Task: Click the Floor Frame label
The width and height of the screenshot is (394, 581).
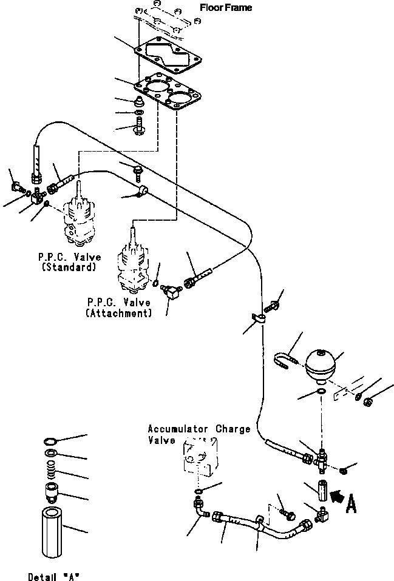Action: click(x=226, y=7)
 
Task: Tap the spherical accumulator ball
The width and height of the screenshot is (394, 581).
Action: click(x=321, y=364)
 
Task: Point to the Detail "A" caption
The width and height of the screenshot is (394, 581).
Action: click(x=54, y=576)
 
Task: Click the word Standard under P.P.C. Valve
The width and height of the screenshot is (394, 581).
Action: click(x=69, y=267)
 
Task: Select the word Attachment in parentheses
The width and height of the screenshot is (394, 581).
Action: click(x=119, y=314)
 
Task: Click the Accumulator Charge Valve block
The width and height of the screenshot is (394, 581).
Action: click(x=200, y=456)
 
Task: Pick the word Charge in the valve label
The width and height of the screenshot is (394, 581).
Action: click(x=233, y=429)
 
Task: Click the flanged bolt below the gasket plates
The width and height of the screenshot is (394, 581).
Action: click(x=140, y=125)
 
